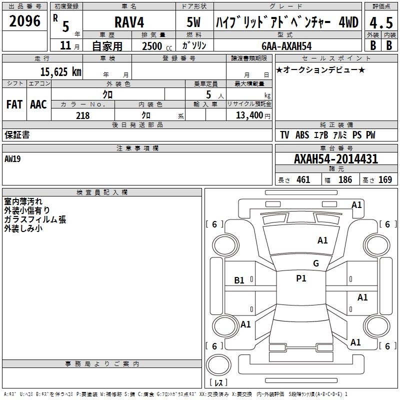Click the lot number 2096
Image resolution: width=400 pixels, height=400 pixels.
25,20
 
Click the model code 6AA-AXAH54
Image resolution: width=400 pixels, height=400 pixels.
286,45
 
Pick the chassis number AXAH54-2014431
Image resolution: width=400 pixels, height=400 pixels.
336,159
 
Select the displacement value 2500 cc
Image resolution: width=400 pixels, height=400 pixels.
152,45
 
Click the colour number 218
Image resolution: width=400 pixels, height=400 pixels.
82,115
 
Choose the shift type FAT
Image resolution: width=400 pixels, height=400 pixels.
14,104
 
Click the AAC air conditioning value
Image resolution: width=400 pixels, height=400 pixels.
38,104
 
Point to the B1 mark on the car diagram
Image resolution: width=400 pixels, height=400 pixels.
239,280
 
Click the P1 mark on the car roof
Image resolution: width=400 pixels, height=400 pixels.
301,278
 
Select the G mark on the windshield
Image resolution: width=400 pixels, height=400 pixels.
315,263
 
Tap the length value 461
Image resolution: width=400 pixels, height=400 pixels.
303,180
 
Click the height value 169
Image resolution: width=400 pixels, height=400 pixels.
385,180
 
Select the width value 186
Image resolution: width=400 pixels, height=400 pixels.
345,180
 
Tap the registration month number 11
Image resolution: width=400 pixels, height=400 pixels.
65,45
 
